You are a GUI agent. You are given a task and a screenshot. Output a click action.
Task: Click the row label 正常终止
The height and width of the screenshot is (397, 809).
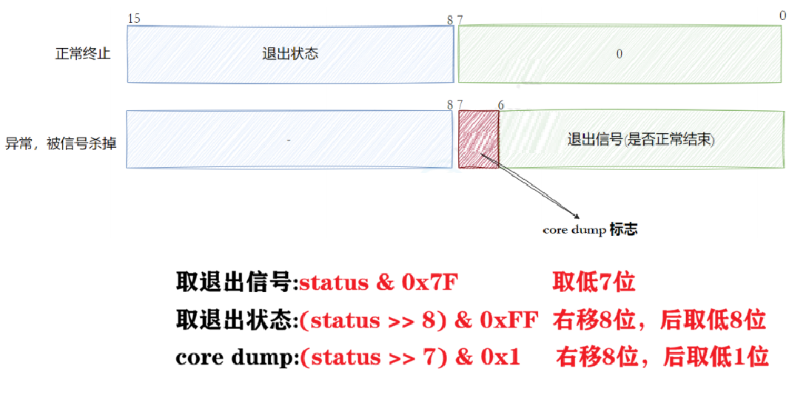click(83, 54)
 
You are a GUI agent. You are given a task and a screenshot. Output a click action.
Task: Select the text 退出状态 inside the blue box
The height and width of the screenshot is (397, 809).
click(290, 54)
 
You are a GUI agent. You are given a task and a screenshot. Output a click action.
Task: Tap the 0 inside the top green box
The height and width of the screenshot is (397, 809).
click(619, 54)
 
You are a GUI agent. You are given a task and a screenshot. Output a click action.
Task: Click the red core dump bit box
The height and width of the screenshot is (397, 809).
click(478, 139)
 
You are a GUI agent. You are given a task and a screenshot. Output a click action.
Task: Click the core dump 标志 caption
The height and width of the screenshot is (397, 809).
click(589, 229)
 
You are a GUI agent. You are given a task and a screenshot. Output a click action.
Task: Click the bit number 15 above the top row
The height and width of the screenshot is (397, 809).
click(133, 18)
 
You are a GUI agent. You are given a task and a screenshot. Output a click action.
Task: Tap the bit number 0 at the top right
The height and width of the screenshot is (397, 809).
click(782, 16)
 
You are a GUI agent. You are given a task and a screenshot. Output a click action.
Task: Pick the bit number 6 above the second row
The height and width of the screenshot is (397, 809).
click(500, 105)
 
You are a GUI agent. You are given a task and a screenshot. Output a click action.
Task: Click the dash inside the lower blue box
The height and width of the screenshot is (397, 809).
click(289, 140)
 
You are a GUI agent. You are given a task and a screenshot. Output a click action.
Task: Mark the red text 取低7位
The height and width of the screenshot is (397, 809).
click(593, 282)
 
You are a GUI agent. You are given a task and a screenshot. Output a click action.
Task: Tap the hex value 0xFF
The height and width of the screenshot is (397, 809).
click(509, 320)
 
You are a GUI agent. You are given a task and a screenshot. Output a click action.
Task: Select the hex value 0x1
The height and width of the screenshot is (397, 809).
click(499, 357)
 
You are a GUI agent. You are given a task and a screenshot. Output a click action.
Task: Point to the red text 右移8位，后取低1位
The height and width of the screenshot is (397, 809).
click(662, 357)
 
